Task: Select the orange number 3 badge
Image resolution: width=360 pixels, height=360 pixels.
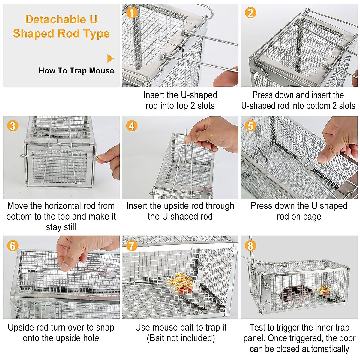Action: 13,125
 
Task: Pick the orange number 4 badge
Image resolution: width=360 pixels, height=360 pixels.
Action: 131,126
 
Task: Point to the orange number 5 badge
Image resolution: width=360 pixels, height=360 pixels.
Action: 250,126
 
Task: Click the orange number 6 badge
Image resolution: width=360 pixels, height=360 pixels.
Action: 13,246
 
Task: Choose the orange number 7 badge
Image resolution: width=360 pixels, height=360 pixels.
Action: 131,246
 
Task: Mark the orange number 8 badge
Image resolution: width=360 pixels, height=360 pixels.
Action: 250,246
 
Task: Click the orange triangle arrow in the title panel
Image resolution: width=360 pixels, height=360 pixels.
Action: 110,58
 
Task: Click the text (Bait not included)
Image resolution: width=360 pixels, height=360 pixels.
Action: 181,338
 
